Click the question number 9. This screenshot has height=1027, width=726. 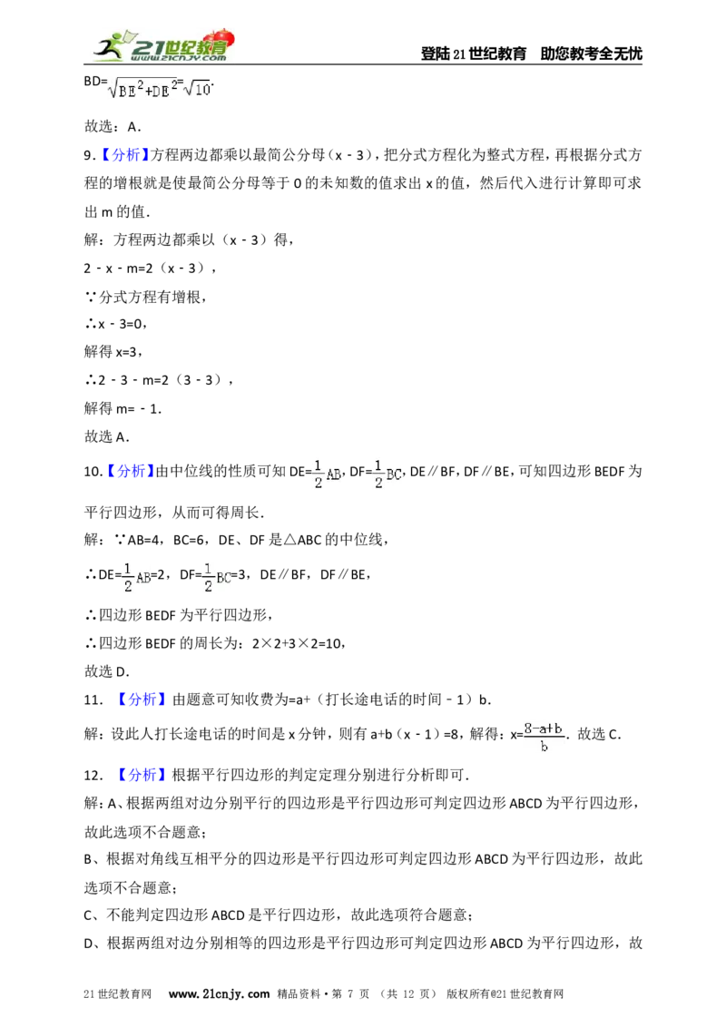pos(89,155)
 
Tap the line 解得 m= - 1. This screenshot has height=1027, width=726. pos(123,408)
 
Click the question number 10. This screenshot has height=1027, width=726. pos(92,472)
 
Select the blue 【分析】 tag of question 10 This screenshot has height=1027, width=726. pos(130,472)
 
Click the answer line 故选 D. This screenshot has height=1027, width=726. pos(106,671)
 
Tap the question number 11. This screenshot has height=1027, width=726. pos(93,700)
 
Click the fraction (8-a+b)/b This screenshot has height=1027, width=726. pos(544,737)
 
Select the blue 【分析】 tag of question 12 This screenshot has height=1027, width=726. pos(141,775)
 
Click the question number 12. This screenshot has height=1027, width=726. pos(93,776)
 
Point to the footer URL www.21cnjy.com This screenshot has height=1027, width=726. pos(219,993)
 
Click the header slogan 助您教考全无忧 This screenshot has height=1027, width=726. pos(591,54)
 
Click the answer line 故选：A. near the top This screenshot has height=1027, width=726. pos(113,126)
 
